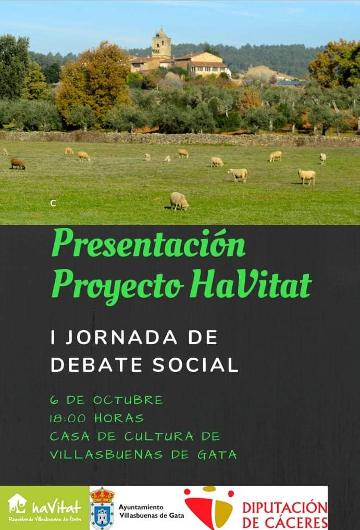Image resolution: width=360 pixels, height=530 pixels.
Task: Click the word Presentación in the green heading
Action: [149, 243]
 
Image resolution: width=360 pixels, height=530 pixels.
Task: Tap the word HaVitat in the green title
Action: [251, 285]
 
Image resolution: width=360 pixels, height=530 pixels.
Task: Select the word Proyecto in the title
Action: [118, 287]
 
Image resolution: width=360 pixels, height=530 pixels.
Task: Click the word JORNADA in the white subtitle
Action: [121, 338]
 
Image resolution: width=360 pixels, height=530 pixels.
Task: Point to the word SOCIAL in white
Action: [195, 365]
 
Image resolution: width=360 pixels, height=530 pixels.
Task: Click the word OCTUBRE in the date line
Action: [128, 400]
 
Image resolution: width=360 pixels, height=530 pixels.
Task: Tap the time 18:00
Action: [68, 419]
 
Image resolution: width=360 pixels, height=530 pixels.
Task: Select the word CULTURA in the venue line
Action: [159, 436]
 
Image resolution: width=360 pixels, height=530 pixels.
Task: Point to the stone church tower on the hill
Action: [162, 43]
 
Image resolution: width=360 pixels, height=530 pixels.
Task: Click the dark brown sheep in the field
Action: [18, 163]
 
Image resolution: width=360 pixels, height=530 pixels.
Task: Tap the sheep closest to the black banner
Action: [179, 201]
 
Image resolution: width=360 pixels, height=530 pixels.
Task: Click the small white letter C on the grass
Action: [53, 203]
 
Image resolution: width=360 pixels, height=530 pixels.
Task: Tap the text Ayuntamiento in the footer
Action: [141, 508]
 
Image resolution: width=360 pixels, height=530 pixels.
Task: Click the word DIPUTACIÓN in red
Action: [285, 508]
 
